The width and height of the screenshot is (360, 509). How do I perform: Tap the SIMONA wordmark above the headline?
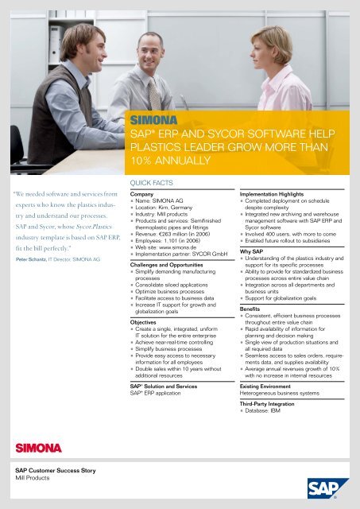pos(154,121)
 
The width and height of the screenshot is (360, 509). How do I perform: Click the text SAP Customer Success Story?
pos(56,471)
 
